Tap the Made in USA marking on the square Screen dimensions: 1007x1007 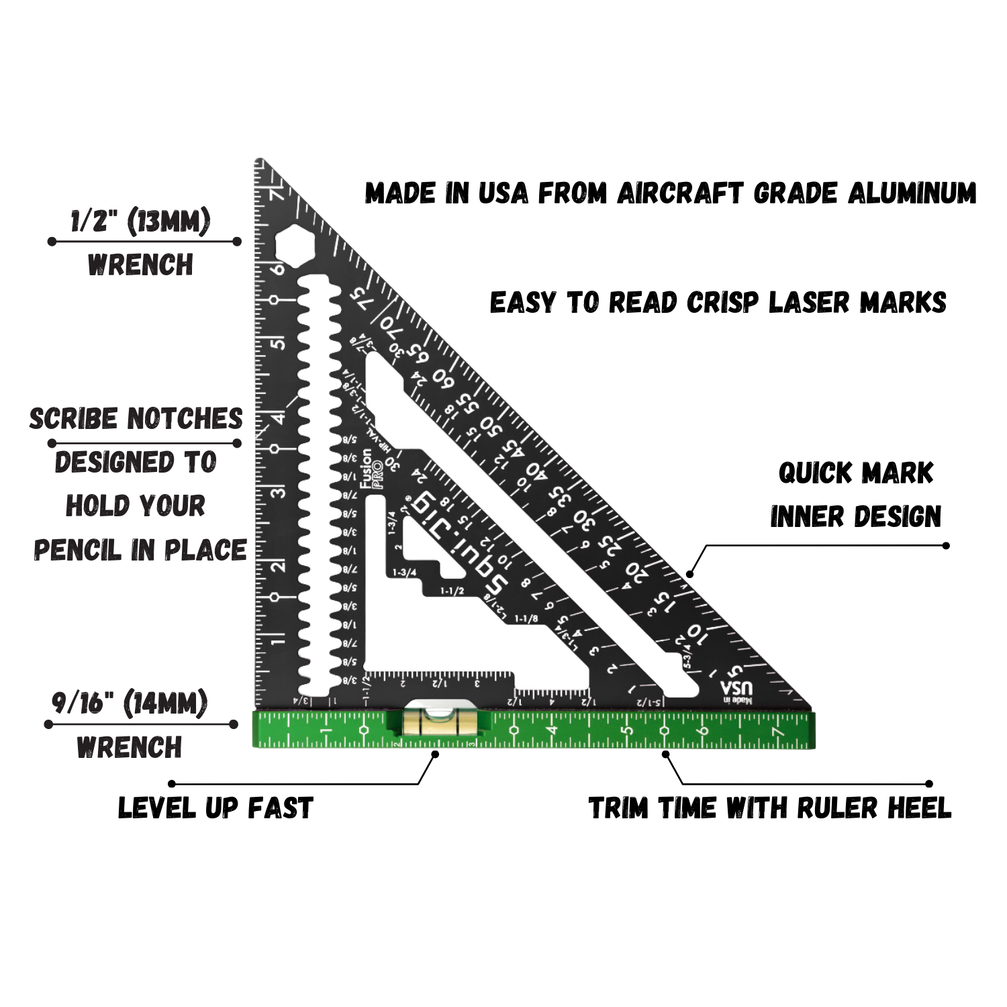(x=736, y=691)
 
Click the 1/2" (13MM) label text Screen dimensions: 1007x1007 (x=141, y=221)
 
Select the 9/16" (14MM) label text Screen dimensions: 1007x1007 (x=130, y=704)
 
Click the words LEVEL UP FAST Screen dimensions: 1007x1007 (x=215, y=808)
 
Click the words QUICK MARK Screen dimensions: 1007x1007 (x=856, y=473)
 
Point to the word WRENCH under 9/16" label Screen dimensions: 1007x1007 (x=130, y=747)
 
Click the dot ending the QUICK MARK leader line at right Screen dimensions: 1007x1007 (x=946, y=545)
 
